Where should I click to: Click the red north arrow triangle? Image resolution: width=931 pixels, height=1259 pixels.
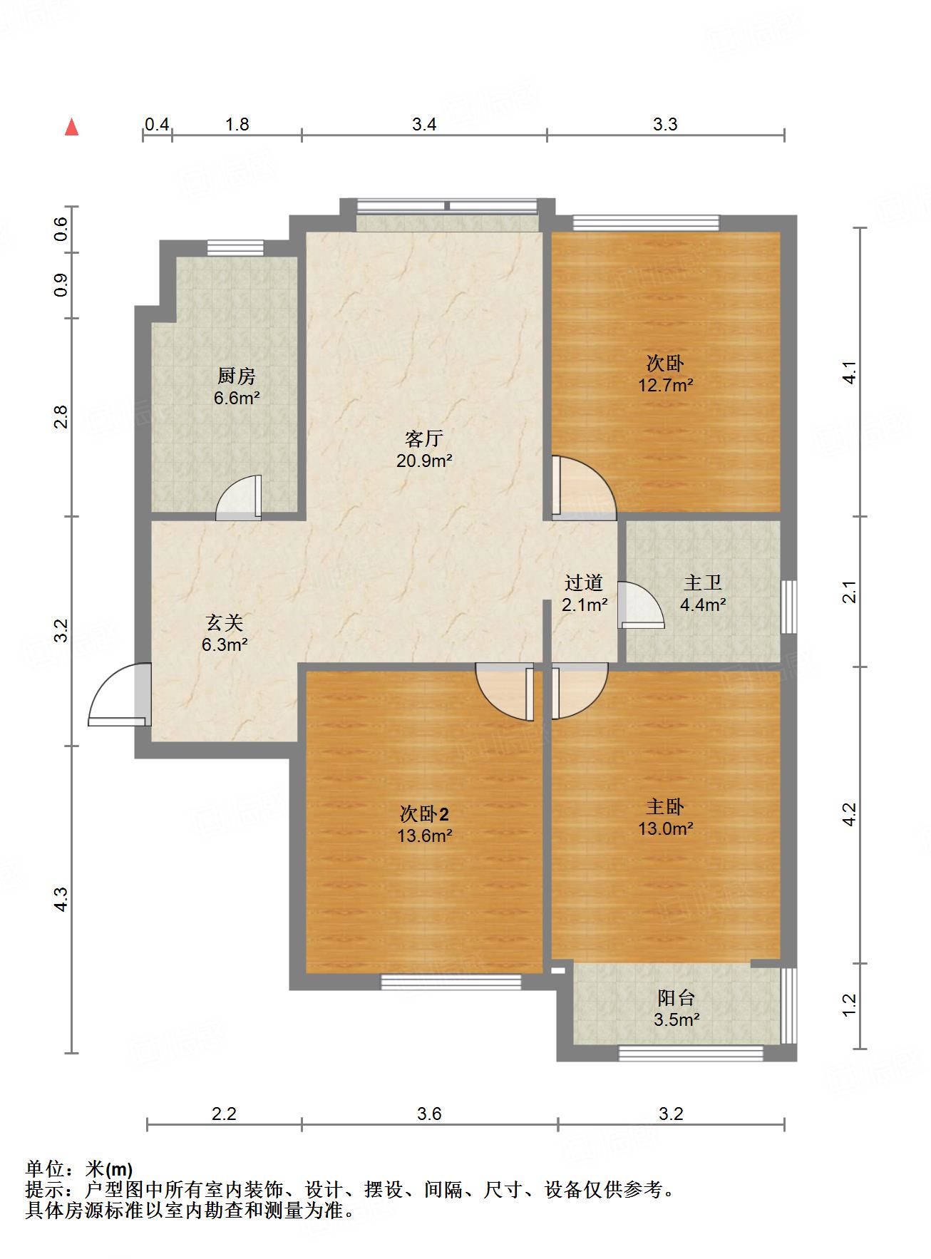pos(71,128)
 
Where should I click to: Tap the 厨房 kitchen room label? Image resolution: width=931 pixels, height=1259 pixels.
pos(236,376)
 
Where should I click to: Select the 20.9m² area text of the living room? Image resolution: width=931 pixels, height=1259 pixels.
pos(424,461)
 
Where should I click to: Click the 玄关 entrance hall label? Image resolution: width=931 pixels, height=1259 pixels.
pos(225,623)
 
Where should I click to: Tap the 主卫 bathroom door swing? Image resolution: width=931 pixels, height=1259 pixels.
pos(639,605)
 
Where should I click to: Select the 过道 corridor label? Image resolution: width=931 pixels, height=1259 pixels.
pos(584,583)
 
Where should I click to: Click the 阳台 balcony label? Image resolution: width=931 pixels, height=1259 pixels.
pos(676,998)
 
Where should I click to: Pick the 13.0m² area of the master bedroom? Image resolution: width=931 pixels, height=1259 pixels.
pos(666,828)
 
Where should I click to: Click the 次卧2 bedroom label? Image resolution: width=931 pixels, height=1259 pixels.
pos(423,813)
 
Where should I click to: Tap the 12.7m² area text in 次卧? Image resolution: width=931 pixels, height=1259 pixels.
pos(666,385)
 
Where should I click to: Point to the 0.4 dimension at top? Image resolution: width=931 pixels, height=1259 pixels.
pos(157,125)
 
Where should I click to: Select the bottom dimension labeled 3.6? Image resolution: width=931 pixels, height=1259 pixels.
pos(429,1114)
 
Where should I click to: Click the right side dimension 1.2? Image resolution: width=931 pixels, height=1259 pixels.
pos(848,1005)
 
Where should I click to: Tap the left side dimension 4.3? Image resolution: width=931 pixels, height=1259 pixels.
pos(61,898)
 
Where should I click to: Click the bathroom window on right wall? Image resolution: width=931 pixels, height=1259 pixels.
pos(788,607)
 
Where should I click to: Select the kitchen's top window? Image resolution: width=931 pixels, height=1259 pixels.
pos(235,248)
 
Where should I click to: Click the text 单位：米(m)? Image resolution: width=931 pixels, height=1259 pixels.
pos(79,1169)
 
